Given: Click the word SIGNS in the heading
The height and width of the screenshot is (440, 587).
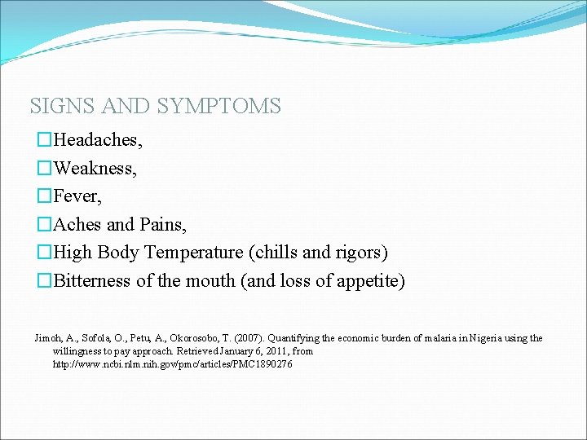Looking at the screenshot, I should coord(59,106).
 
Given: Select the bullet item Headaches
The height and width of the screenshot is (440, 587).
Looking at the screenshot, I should coord(97,140).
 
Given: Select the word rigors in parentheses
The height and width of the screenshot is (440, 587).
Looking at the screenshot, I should coord(360,253).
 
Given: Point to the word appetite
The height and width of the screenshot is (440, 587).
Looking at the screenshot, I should coord(371,281).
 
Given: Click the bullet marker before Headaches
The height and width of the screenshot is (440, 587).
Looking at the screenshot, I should coord(44,140).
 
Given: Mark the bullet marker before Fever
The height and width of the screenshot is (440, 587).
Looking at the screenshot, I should coord(44,196).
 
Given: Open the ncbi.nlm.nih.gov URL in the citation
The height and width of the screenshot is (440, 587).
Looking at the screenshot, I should coord(172,364).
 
